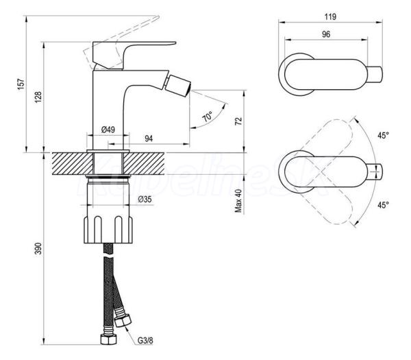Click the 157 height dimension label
tap(21, 84)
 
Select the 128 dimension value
tap(38, 97)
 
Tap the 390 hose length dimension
tap(38, 248)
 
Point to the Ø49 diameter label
tap(108, 130)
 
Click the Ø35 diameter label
tap(145, 200)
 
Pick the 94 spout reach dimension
tap(149, 139)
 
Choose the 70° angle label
tap(208, 116)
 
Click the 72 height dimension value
tap(238, 121)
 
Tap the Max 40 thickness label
tap(238, 201)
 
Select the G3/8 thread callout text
tap(145, 341)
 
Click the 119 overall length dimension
tap(330, 16)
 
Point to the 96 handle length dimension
tap(326, 34)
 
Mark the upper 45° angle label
tap(383, 135)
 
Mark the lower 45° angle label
tap(383, 205)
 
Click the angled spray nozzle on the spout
tap(178, 84)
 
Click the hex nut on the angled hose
tap(123, 321)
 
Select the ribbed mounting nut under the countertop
tap(108, 230)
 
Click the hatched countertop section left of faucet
tap(73, 163)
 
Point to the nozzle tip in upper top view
tap(375, 75)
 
